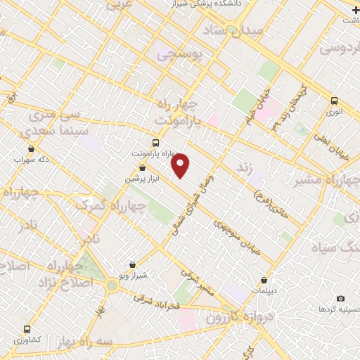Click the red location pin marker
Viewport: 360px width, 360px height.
pyautogui.click(x=181, y=165)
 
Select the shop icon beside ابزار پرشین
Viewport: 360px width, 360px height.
pyautogui.click(x=143, y=167)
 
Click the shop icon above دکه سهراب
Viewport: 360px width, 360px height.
pyautogui.click(x=32, y=148)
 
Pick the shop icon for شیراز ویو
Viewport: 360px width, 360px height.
pyautogui.click(x=132, y=266)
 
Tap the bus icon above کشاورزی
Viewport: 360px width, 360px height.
pyautogui.click(x=27, y=329)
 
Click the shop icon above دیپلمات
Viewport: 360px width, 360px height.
pyautogui.click(x=264, y=280)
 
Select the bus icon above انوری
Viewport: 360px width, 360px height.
pyautogui.click(x=335, y=101)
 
